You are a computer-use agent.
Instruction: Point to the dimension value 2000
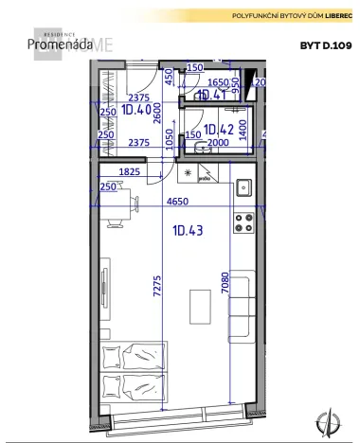217,143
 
